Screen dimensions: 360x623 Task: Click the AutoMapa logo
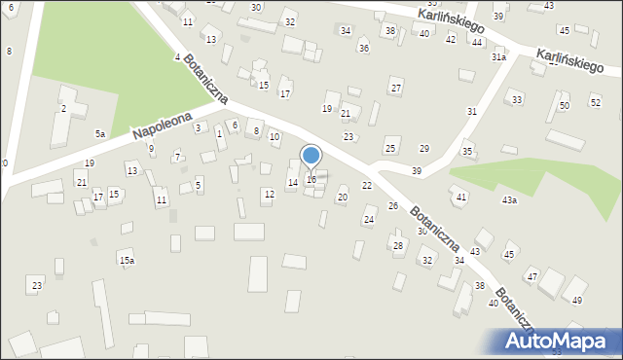(556, 341)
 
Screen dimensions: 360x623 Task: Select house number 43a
(509, 200)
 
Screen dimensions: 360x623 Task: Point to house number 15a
(127, 261)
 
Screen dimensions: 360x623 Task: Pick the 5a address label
(99, 133)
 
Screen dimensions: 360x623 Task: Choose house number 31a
(498, 57)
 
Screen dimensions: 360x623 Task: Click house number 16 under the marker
(311, 179)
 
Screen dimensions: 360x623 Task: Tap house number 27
(396, 89)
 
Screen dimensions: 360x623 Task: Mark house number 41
(461, 198)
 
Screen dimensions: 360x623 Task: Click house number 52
(596, 102)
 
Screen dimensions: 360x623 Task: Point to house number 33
(517, 100)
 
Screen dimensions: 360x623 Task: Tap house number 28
(398, 245)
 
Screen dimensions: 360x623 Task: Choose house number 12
(269, 195)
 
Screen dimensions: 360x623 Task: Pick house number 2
(64, 108)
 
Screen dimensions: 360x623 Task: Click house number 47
(532, 277)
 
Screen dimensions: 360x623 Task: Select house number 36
(364, 49)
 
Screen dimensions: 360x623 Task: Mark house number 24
(369, 220)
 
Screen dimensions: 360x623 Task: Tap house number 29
(424, 148)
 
